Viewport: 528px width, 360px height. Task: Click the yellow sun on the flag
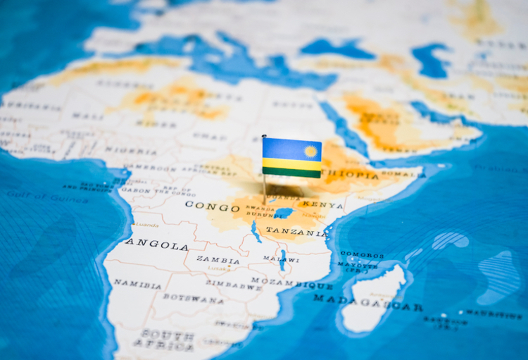[310, 151]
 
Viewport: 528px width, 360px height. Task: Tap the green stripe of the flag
[291, 172]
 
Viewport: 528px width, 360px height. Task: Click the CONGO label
[213, 206]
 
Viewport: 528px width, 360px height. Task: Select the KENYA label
[322, 206]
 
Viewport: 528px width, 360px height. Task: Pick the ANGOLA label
[157, 244]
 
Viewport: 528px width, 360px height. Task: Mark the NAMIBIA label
[137, 283]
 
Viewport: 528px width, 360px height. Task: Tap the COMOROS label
[363, 254]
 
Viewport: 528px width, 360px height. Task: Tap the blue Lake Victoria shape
[284, 212]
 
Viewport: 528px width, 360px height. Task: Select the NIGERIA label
[132, 150]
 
